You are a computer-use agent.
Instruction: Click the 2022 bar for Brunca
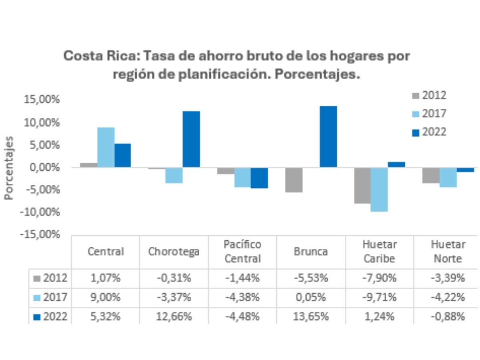[328, 137]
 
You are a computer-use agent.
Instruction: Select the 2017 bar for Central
[106, 148]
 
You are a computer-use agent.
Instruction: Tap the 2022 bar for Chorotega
[191, 139]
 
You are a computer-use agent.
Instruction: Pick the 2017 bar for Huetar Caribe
[379, 190]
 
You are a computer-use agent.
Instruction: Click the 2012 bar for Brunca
[294, 180]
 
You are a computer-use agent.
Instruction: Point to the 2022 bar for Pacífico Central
[259, 178]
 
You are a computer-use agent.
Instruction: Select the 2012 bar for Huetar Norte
[431, 176]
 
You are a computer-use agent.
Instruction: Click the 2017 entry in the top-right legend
[428, 114]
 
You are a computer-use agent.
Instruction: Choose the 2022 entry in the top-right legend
[428, 132]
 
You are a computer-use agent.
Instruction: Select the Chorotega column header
[174, 252]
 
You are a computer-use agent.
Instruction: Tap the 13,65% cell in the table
[311, 317]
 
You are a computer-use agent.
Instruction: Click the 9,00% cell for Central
[106, 298]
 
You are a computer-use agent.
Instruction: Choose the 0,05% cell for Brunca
[311, 298]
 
